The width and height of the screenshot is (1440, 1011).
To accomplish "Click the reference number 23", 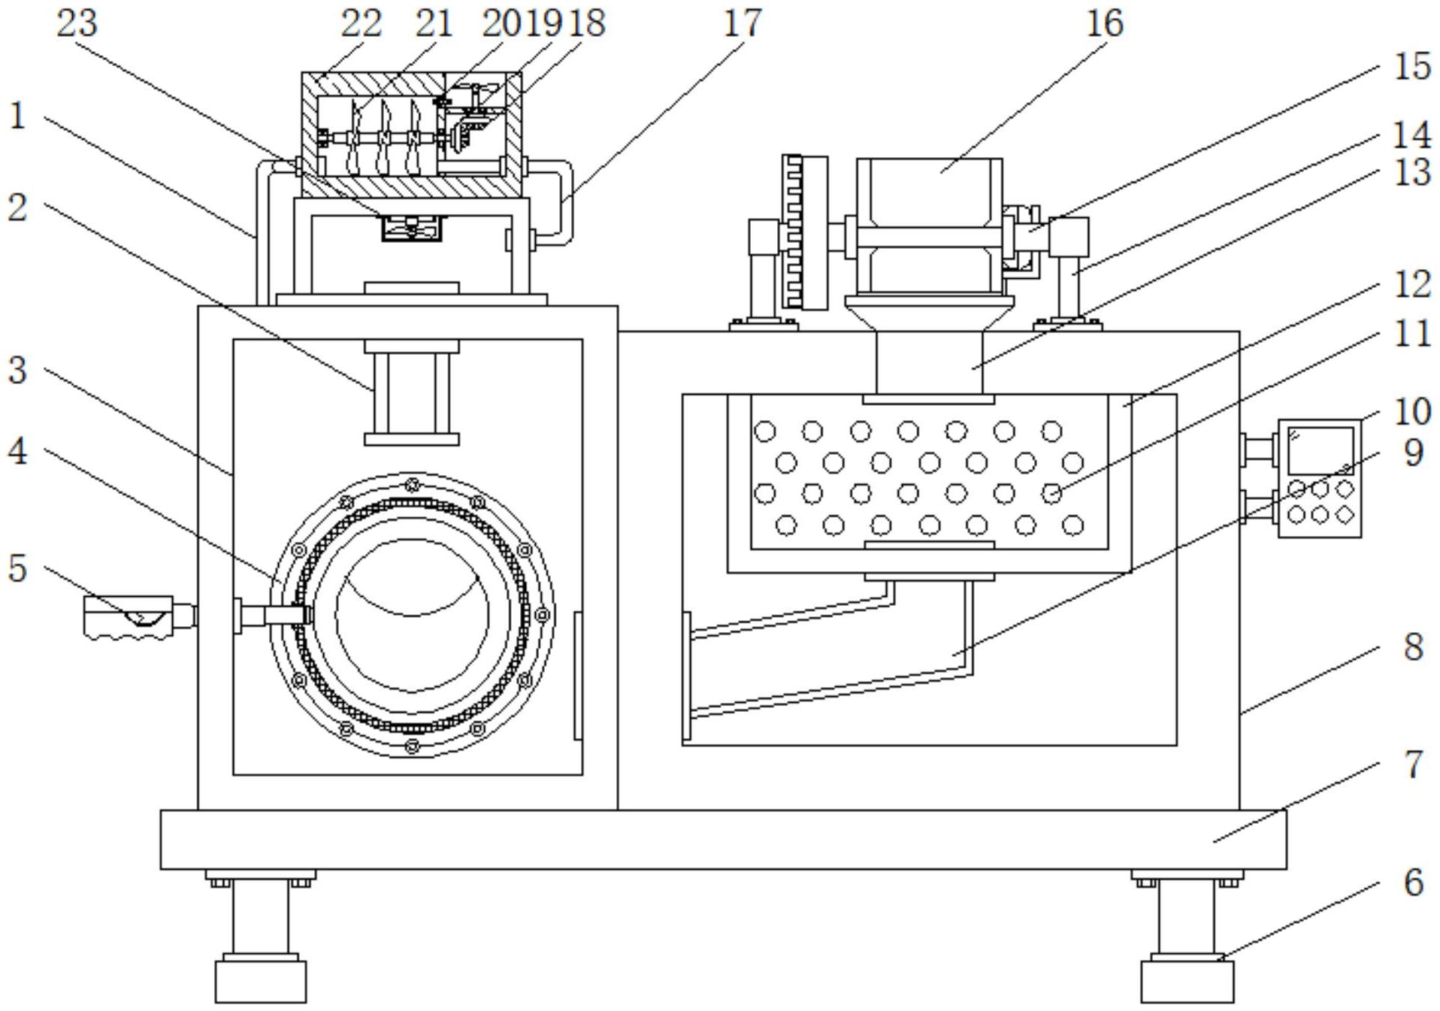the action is coord(77,23).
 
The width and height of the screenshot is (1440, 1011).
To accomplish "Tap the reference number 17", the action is coord(743,23).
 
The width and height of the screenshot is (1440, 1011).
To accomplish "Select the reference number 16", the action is coord(1105,23).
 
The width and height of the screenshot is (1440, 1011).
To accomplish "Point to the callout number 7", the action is coord(1414,764).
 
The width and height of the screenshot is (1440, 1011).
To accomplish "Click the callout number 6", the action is coord(1414,882).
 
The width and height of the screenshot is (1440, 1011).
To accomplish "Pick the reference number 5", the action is coord(17,568).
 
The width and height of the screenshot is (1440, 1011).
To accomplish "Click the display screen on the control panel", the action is coord(1321,450).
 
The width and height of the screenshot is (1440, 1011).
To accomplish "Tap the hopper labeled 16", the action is coord(929,226).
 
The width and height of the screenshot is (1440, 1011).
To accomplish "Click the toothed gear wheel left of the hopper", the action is coord(805,232).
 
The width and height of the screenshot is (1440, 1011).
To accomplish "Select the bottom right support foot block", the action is coord(1187,980).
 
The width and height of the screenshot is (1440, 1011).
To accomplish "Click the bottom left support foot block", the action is coord(261,980).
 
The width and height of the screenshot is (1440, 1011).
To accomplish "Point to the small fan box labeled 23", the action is coord(411,228).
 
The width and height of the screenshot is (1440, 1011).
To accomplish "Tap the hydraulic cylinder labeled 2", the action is coord(412,392).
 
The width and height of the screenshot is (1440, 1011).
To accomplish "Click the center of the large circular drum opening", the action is coord(412,615).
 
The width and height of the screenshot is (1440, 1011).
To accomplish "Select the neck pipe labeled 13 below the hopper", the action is coord(929,363).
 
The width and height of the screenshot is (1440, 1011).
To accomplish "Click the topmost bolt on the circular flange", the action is coord(412,483).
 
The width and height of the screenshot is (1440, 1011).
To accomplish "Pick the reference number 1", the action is coord(17,117).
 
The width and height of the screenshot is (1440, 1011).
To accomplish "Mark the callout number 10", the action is coord(1412,411).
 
